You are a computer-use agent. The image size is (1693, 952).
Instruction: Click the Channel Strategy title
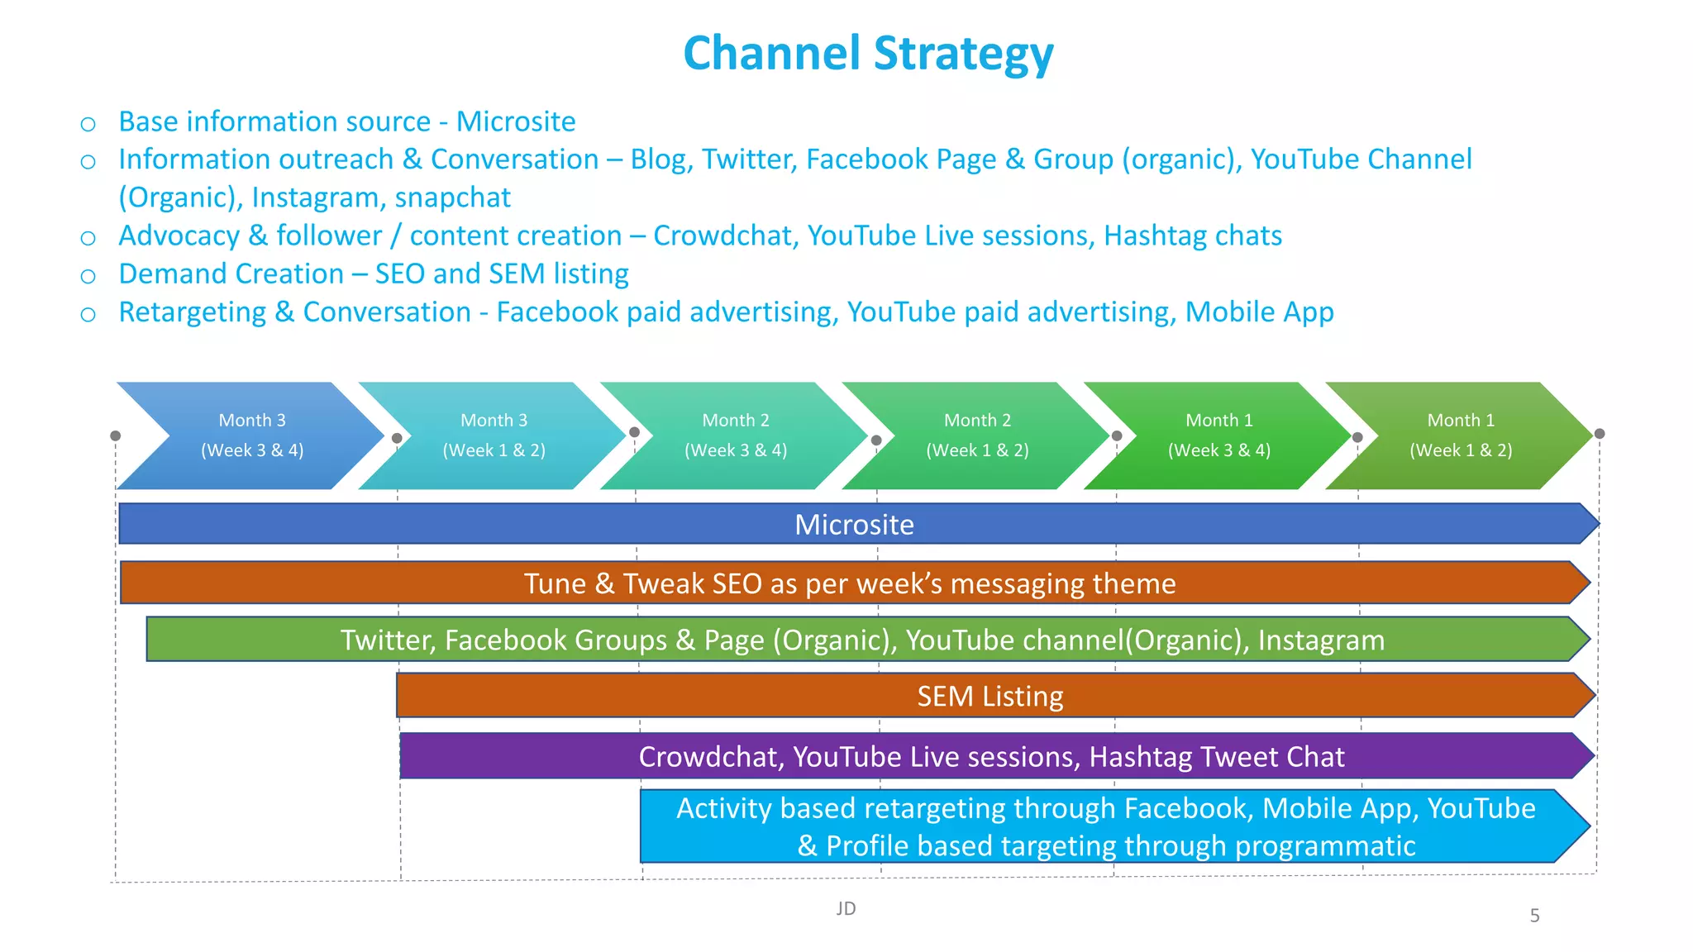[x=868, y=54]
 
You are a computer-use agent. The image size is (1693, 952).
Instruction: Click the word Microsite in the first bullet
[x=516, y=121]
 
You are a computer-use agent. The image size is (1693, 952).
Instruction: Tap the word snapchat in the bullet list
[x=452, y=198]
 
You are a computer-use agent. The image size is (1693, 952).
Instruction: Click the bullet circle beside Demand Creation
[x=88, y=276]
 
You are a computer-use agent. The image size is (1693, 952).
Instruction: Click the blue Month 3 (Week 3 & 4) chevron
[x=252, y=436]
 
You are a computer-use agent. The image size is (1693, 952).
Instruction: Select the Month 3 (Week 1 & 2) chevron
[x=494, y=436]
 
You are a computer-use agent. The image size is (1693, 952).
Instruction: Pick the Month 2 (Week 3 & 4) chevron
[x=736, y=436]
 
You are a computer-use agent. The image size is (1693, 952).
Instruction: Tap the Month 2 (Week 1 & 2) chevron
[x=977, y=436]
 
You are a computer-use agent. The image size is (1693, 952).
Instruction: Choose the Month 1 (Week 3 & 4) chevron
[x=1219, y=436]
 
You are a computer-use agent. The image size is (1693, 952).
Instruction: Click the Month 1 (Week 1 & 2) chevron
[x=1461, y=436]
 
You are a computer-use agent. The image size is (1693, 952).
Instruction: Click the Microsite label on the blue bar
[x=854, y=525]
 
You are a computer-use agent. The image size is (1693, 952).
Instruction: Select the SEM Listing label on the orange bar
[x=990, y=697]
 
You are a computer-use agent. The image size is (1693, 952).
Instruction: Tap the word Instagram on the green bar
[x=1320, y=640]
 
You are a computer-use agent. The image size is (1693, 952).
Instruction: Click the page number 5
[x=1534, y=916]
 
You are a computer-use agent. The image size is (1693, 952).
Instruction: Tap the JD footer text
[x=846, y=909]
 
